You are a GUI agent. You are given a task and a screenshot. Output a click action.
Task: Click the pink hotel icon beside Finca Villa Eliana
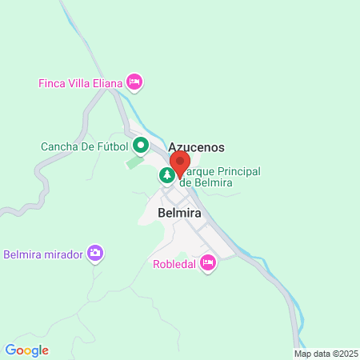click(135, 82)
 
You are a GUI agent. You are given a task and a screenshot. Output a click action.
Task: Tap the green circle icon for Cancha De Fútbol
click(141, 146)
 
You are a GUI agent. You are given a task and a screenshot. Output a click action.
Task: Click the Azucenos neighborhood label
click(196, 147)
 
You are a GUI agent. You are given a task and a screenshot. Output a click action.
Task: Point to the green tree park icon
click(166, 174)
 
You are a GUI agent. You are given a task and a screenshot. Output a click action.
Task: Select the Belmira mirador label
click(43, 254)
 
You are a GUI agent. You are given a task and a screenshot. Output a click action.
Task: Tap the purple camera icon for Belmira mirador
click(95, 254)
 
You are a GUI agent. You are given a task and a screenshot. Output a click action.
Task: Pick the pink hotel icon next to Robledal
click(208, 262)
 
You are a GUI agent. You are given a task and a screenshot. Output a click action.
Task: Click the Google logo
click(26, 350)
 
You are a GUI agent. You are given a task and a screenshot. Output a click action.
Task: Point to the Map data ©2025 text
click(324, 353)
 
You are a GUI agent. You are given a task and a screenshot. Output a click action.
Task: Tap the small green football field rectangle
click(134, 163)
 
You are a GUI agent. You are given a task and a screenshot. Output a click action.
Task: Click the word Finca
click(52, 82)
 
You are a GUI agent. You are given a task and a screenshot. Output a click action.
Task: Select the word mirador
click(62, 254)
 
